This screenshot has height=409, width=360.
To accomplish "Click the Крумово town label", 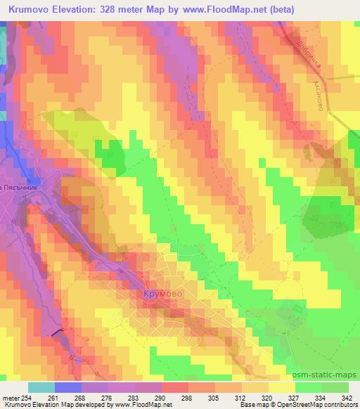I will pos(162,292).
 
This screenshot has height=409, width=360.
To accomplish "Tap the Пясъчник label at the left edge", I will pos(25,189).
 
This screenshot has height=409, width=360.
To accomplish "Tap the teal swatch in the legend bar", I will pos(41,387).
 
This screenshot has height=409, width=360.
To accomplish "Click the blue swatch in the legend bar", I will pos(67,387).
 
